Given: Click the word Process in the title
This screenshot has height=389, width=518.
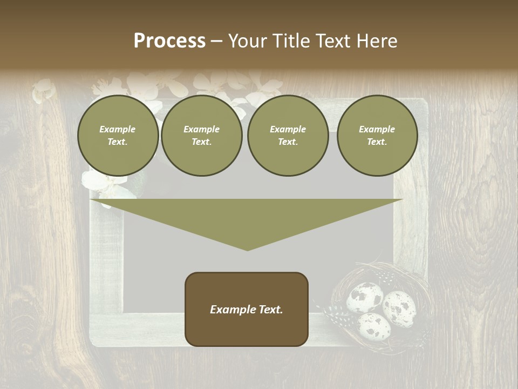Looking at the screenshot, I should pyautogui.click(x=169, y=41).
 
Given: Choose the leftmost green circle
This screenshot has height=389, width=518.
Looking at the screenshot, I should pyautogui.click(x=118, y=136).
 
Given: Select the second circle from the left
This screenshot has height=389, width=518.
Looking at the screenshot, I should pyautogui.click(x=202, y=136).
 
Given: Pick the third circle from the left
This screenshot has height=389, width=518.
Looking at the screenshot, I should pyautogui.click(x=288, y=136).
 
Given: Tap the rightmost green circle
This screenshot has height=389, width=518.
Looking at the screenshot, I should pyautogui.click(x=377, y=136).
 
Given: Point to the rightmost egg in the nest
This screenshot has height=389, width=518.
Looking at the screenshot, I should pyautogui.click(x=399, y=308).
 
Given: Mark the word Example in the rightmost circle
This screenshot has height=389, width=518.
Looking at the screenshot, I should pyautogui.click(x=377, y=129).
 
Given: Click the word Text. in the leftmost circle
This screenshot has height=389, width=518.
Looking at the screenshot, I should pyautogui.click(x=118, y=142).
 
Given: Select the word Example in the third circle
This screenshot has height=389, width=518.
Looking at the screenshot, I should pyautogui.click(x=288, y=129).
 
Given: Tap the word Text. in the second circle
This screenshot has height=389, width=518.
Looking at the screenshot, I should pyautogui.click(x=202, y=142).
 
